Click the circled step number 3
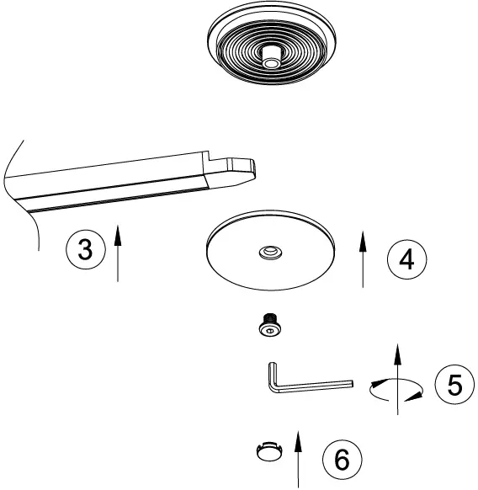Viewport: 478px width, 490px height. (85, 248)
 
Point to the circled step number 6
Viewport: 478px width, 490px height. (342, 460)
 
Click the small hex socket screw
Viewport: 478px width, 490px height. (268, 326)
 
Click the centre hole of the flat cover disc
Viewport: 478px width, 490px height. (270, 251)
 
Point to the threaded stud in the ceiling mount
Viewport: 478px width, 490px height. (270, 58)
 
